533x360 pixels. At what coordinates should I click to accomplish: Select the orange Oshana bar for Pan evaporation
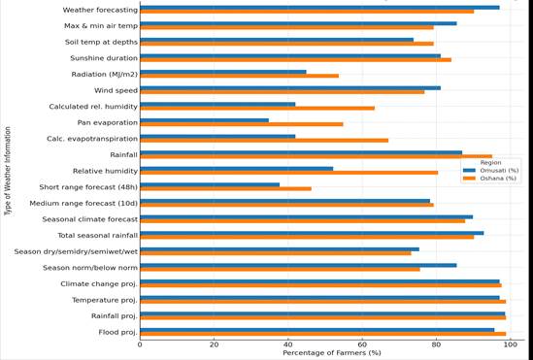pyautogui.click(x=242, y=124)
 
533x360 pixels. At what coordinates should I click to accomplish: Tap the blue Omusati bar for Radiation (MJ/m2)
pyautogui.click(x=223, y=72)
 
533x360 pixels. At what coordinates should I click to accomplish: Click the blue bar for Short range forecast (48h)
pyautogui.click(x=210, y=184)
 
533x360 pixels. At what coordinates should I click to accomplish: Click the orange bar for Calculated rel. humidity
pyautogui.click(x=257, y=108)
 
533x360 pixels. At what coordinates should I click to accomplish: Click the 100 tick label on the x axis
pyautogui.click(x=510, y=344)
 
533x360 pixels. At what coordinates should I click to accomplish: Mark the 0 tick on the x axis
pyautogui.click(x=140, y=344)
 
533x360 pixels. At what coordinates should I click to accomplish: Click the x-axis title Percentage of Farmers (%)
pyautogui.click(x=331, y=353)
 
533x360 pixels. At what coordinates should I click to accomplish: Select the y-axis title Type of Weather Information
pyautogui.click(x=8, y=170)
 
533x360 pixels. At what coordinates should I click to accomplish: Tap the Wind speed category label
pyautogui.click(x=116, y=90)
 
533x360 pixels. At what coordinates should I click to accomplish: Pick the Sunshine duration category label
pyautogui.click(x=104, y=58)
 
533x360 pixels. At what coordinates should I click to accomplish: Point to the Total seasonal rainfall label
pyautogui.click(x=97, y=236)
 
